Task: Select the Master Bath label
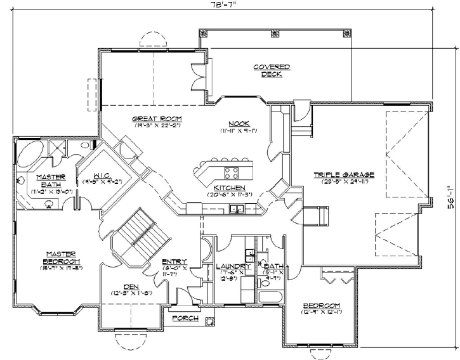point(47,181)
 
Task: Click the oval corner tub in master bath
point(30,155)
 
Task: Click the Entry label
point(174,261)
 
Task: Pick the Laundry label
point(227,266)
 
